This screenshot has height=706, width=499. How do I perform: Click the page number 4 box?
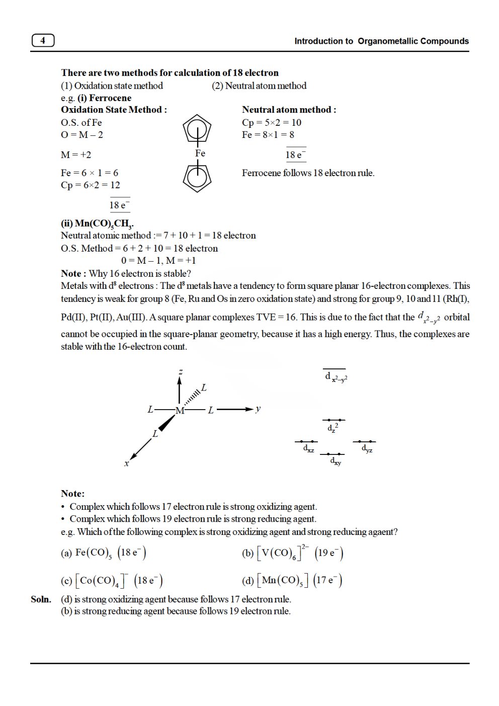click(43, 40)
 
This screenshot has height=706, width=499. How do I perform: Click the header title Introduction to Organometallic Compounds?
click(381, 41)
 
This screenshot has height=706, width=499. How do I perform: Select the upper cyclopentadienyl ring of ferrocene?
click(197, 129)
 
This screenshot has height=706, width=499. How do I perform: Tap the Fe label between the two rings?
click(200, 153)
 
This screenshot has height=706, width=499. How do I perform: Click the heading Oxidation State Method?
click(114, 110)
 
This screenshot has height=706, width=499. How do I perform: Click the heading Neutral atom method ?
click(289, 110)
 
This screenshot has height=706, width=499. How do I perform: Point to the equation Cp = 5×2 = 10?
click(271, 122)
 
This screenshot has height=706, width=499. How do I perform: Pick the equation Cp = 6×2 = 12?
click(91, 185)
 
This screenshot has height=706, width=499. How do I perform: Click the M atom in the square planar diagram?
click(180, 410)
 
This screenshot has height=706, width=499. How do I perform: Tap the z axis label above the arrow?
click(180, 372)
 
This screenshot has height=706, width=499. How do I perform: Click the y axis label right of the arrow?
click(258, 409)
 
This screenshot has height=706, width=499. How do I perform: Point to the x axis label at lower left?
click(127, 463)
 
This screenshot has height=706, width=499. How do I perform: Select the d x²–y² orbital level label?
click(336, 377)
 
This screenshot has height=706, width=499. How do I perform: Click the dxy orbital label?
click(336, 461)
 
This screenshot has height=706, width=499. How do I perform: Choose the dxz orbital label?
click(308, 448)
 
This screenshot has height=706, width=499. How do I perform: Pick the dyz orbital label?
click(367, 448)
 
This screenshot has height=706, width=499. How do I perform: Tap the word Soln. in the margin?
click(41, 599)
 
